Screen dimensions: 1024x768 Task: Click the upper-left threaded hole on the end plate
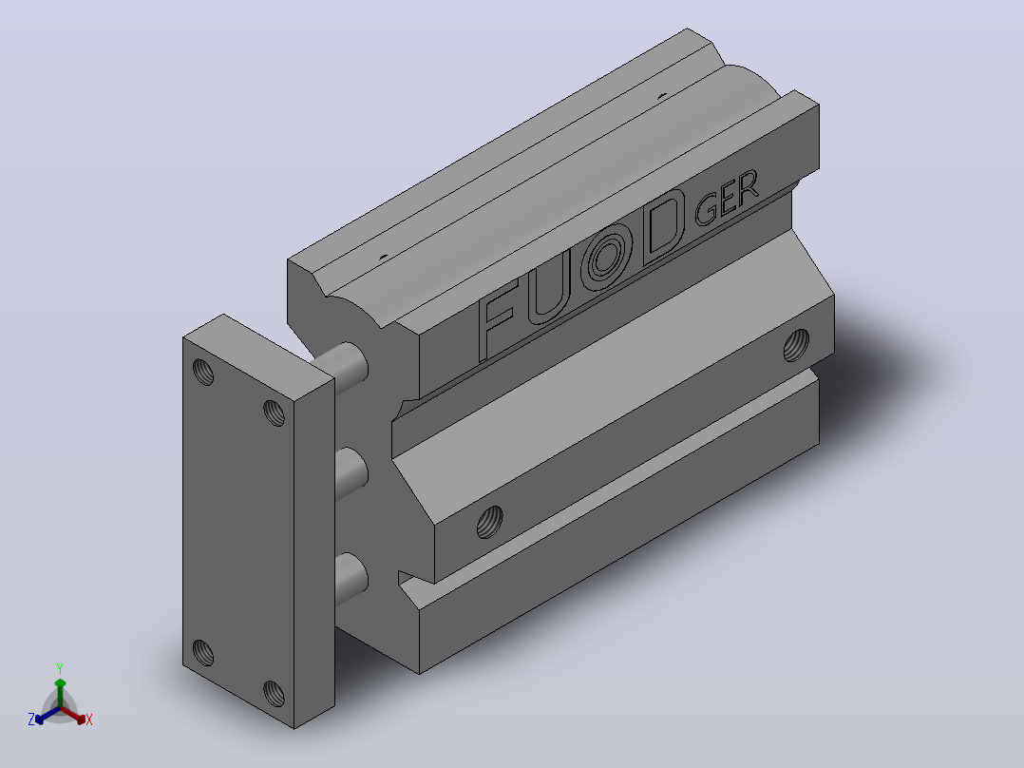click(203, 372)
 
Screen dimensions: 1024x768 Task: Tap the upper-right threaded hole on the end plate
click(274, 413)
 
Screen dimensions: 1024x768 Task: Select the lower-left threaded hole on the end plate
click(203, 652)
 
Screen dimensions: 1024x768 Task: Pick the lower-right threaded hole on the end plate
click(274, 694)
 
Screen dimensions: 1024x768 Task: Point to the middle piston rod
click(351, 473)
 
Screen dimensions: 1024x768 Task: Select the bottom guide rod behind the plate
click(351, 579)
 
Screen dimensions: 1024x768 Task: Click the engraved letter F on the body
click(500, 319)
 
